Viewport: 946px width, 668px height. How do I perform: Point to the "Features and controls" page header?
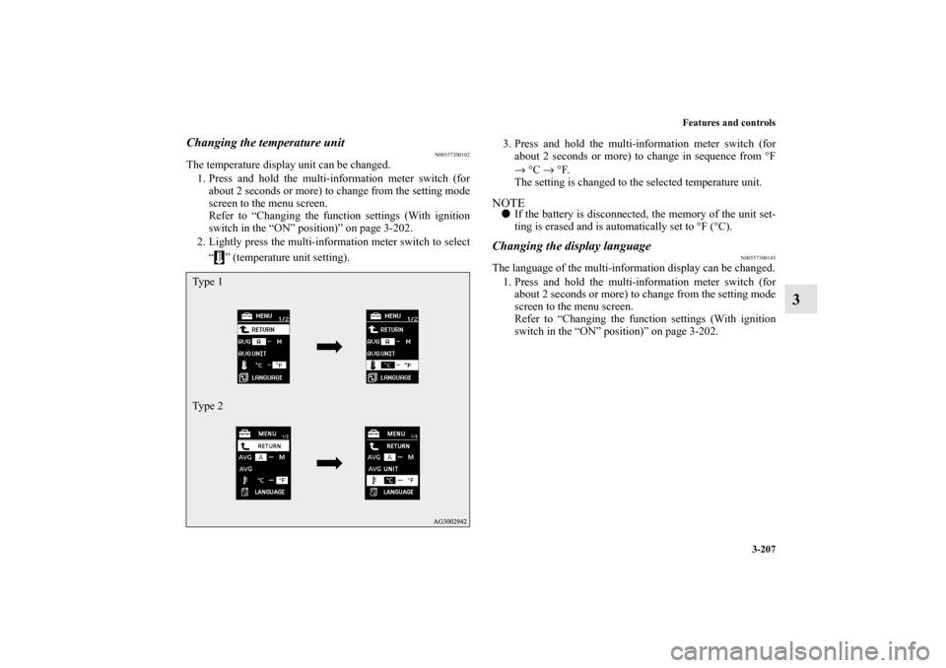point(725,122)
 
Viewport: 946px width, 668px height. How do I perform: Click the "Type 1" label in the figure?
point(207,283)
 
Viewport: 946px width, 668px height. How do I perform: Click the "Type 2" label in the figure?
point(207,406)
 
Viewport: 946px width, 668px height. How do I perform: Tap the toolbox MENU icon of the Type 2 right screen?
point(372,434)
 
